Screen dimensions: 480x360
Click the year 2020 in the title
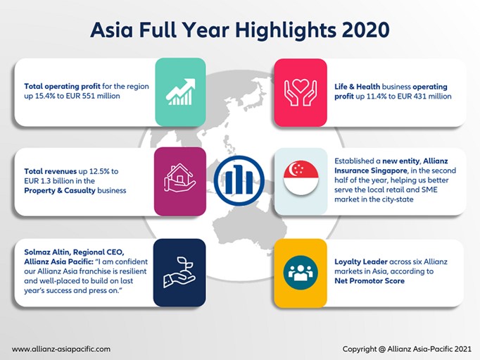coord(365,30)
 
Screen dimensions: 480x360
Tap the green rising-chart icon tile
coord(180,92)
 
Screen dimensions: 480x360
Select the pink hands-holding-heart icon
coord(301,92)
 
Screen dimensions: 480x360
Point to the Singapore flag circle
coord(301,178)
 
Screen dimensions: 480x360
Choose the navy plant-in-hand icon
coord(179,273)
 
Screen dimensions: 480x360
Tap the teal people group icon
coord(301,273)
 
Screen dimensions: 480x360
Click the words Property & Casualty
coord(60,191)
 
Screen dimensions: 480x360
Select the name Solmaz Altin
coord(47,252)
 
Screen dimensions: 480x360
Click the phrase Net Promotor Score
coord(370,281)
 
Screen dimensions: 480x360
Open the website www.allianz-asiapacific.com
coord(61,349)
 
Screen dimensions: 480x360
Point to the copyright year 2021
coord(463,349)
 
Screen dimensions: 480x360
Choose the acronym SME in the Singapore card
coord(429,190)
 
